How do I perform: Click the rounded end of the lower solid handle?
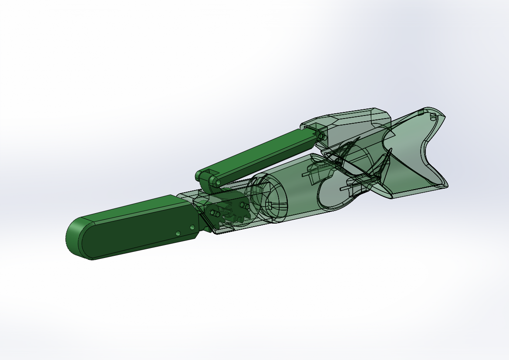click(74, 238)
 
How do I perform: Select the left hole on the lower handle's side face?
click(178, 234)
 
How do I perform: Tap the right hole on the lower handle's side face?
click(192, 227)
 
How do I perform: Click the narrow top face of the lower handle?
click(131, 207)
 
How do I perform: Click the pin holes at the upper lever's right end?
click(322, 136)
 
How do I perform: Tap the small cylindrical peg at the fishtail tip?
click(433, 116)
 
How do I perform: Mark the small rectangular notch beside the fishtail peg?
click(420, 112)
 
